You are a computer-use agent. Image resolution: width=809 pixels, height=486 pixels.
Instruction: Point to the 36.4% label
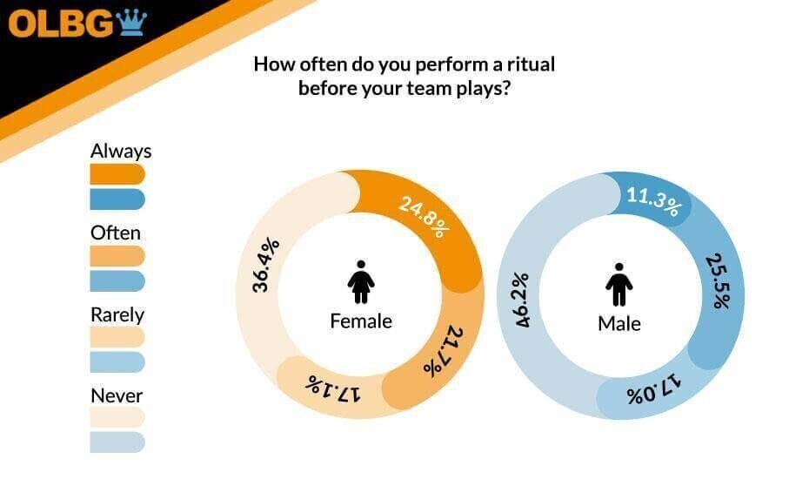(x=266, y=265)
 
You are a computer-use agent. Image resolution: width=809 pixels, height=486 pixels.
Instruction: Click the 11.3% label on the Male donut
(x=653, y=201)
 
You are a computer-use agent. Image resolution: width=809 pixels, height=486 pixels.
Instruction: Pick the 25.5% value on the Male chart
(x=719, y=280)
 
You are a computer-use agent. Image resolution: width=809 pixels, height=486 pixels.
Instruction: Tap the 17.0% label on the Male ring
(x=653, y=390)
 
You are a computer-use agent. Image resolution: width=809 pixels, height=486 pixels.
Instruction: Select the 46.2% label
(x=523, y=300)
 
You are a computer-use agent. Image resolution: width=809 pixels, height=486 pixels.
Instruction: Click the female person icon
(x=361, y=281)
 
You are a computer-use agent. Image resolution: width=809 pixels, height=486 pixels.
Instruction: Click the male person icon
(x=619, y=284)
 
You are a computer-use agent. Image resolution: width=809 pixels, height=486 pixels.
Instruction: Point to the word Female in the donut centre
(x=361, y=321)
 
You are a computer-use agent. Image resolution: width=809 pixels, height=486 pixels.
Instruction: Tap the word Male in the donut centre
(x=619, y=324)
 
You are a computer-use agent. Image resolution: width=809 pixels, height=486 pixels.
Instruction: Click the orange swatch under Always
(x=117, y=174)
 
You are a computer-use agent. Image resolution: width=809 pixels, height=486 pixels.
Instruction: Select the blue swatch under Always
(x=117, y=199)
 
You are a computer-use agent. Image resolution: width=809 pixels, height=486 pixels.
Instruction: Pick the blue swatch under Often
(x=117, y=281)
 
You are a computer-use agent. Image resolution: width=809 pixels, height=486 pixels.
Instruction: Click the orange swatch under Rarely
(x=117, y=337)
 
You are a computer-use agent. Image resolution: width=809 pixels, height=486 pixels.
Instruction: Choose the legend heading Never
(x=117, y=395)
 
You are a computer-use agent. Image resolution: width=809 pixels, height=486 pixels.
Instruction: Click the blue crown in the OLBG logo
(x=131, y=24)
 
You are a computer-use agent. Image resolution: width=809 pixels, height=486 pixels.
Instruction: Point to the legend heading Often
(x=116, y=233)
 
